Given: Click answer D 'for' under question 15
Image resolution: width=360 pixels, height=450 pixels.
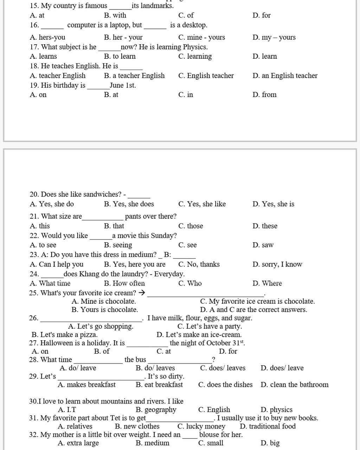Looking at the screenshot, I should pos(261,15).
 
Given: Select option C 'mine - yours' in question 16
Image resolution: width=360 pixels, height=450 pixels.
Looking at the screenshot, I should pos(201,37).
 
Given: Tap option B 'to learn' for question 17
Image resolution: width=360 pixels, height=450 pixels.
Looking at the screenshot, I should pos(120,56).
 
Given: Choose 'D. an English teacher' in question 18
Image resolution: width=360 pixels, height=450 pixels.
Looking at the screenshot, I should pos(285,76).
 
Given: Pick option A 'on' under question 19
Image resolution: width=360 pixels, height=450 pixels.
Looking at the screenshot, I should pos(38,95).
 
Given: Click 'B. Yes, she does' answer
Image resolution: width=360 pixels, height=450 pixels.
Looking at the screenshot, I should pos(129,204).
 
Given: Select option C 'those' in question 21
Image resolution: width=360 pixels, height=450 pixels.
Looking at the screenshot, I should pos(191,226).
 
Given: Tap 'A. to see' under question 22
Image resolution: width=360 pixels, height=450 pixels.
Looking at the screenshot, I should pos(43,245).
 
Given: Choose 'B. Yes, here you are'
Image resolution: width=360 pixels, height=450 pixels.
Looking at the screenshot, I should pos(134,264).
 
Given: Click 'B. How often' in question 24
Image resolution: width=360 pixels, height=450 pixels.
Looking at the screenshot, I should pos(124,283).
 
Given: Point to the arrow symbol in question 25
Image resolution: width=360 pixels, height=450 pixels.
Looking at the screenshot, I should pos(142,292).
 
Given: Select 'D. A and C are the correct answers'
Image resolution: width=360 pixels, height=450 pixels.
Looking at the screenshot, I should pos(253,310).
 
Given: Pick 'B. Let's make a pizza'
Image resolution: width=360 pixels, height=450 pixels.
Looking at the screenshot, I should pos(65,335).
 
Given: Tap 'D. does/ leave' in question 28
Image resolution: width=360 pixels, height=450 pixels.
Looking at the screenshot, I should pos(282,368).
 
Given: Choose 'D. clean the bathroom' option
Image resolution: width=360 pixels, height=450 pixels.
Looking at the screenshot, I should pos(294,385).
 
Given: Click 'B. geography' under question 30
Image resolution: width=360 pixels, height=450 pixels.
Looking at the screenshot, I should pos(156,410).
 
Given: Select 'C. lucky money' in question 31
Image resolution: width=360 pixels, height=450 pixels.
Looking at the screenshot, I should pos(201,426).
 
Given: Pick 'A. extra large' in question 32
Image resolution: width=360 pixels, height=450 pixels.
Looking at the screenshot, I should pos(78,443).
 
